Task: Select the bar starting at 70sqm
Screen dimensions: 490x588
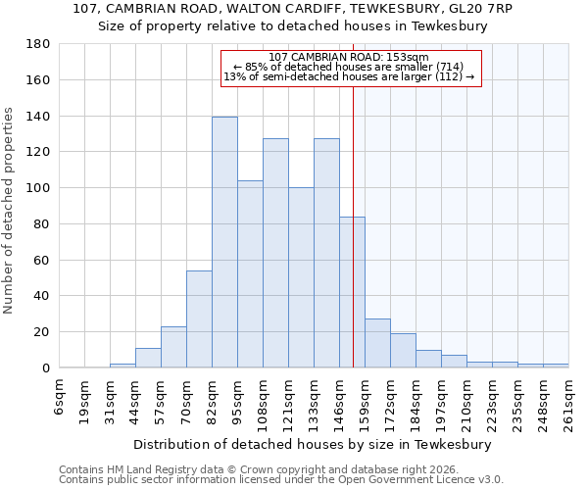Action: [x=199, y=318]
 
